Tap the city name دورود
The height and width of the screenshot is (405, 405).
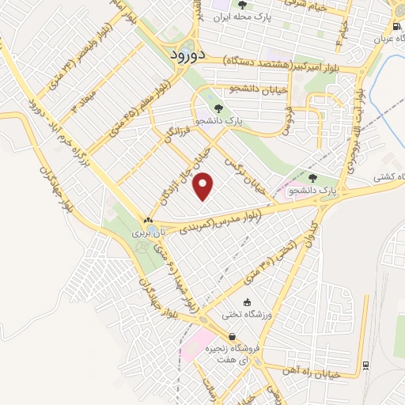pyautogui.click(x=187, y=55)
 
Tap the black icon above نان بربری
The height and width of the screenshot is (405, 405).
pyautogui.click(x=148, y=220)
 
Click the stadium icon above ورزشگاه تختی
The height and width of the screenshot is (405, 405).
pyautogui.click(x=248, y=301)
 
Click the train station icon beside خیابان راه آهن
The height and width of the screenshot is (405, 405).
pyautogui.click(x=365, y=365)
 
